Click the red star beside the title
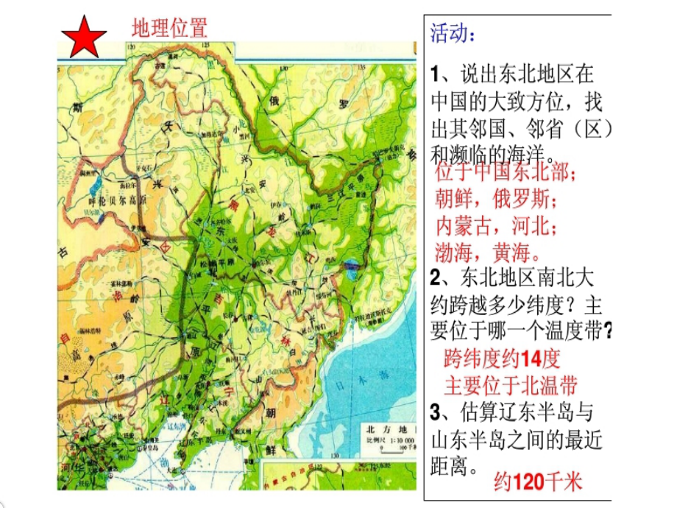click(x=83, y=37)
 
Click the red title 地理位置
click(x=169, y=28)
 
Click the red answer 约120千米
click(x=538, y=481)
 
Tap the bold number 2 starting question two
click(x=435, y=278)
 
